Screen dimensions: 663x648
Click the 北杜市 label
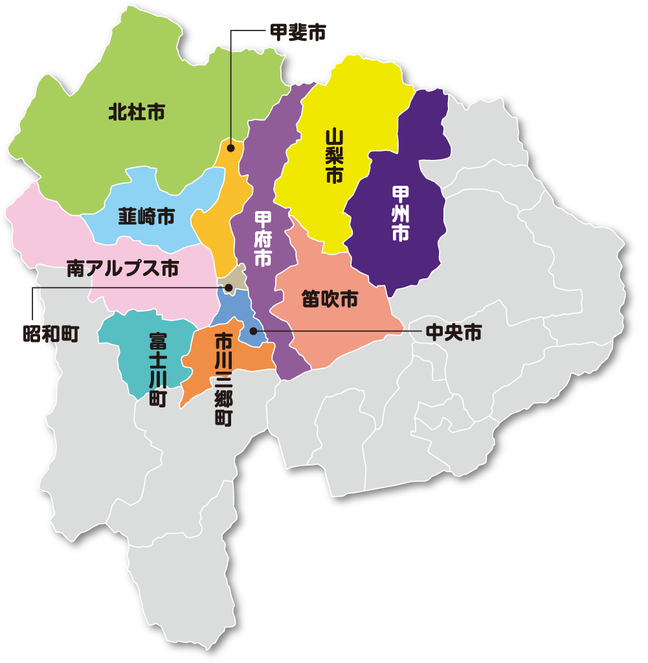(137, 113)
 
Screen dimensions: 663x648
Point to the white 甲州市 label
(401, 214)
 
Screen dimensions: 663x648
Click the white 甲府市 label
(262, 239)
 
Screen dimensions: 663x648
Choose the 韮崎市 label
(146, 216)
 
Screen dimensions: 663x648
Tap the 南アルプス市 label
(122, 269)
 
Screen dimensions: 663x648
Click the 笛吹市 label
(330, 299)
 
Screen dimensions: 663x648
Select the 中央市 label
(453, 333)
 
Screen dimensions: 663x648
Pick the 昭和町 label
(50, 334)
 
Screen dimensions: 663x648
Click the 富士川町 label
(157, 370)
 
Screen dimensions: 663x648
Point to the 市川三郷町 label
(223, 379)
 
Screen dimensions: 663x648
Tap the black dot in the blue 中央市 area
(253, 331)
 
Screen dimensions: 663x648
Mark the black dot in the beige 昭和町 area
(229, 287)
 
